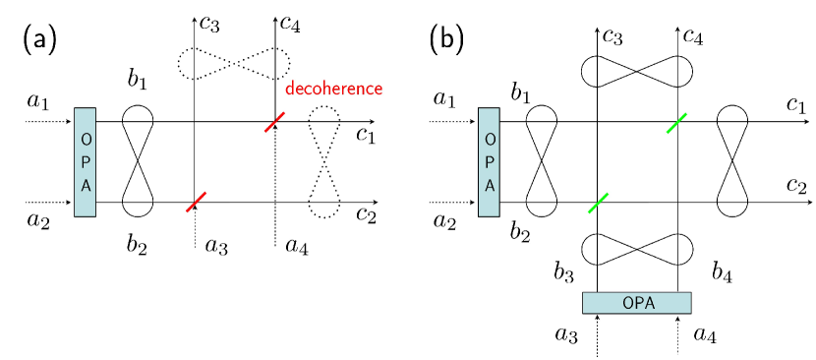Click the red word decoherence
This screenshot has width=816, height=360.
[333, 90]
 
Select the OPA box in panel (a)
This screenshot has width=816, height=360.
[85, 161]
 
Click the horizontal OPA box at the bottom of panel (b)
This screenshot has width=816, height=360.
[636, 302]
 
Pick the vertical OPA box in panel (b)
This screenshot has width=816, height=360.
[489, 161]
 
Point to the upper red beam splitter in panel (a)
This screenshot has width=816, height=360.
[275, 122]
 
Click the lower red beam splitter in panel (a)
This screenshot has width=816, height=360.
[196, 202]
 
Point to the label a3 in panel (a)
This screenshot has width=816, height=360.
[216, 244]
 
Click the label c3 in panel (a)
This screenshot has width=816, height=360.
[208, 25]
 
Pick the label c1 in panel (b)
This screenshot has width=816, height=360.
[796, 103]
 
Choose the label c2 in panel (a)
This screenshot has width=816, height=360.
[366, 214]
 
